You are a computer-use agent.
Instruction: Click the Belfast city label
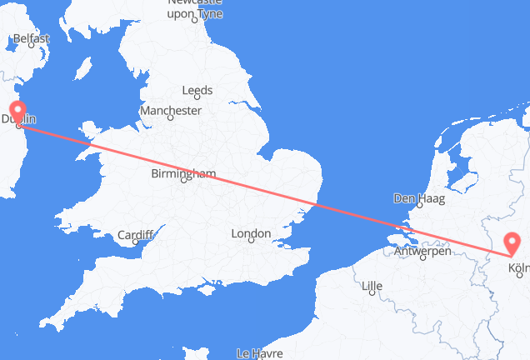click(x=30, y=38)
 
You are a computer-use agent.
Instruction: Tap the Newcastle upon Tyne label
click(x=196, y=8)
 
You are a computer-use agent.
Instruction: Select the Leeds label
click(x=198, y=91)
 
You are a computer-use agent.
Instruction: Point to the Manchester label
click(x=171, y=110)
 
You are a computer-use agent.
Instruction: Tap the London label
click(x=250, y=235)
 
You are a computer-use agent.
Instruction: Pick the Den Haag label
click(x=420, y=199)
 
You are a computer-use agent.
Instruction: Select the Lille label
click(x=372, y=287)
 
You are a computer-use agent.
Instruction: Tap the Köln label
click(x=518, y=268)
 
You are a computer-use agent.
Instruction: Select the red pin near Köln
click(x=512, y=243)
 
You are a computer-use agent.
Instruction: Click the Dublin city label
click(x=18, y=120)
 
